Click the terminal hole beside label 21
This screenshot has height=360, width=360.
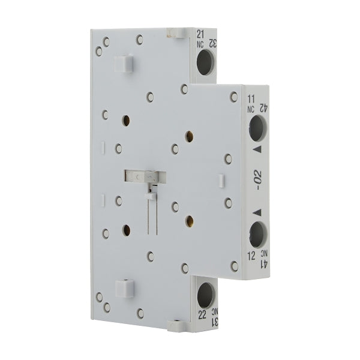tap(205, 61)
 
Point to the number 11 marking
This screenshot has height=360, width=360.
tap(251, 97)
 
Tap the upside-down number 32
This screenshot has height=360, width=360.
tap(211, 43)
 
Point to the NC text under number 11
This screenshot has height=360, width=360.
tap(252, 109)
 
